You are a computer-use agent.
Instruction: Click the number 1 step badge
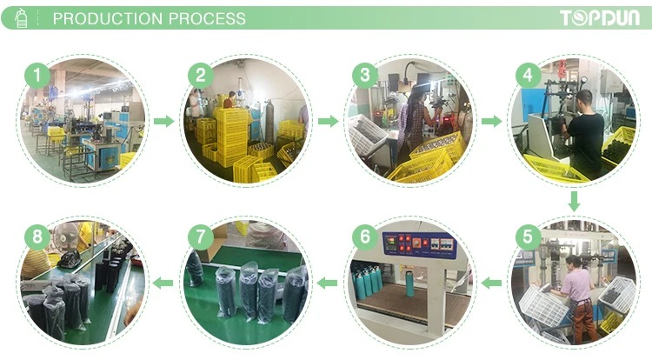pos(36,76)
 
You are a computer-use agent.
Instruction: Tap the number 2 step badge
pos(200,76)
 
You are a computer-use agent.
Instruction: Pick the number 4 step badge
pos(528,76)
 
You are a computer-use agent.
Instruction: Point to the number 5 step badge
pos(527,237)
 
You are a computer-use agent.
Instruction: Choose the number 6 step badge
pos(364,237)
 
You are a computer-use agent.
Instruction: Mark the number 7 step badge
pos(200,237)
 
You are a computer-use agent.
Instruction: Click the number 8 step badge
pos(36,237)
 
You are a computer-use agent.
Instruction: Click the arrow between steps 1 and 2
pos(163,121)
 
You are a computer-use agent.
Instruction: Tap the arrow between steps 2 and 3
pos(328,121)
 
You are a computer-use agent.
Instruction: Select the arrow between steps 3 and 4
pos(491,121)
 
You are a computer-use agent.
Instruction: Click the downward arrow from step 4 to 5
pos(574,201)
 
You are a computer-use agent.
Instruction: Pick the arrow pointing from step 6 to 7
pos(328,282)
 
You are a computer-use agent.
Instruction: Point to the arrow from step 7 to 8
pos(163,282)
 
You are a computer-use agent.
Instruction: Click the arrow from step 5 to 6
pos(492,282)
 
